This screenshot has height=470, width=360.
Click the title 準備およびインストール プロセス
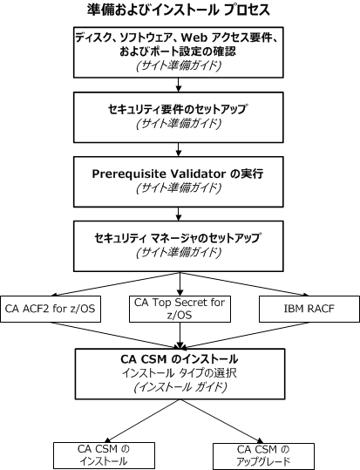point(179,10)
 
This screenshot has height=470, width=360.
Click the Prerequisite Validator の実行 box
point(179,180)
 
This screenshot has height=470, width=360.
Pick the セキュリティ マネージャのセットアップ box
point(179,245)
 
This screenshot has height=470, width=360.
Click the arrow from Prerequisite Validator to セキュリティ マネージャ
point(179,213)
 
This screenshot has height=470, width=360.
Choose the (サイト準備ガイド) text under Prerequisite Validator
point(179,188)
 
